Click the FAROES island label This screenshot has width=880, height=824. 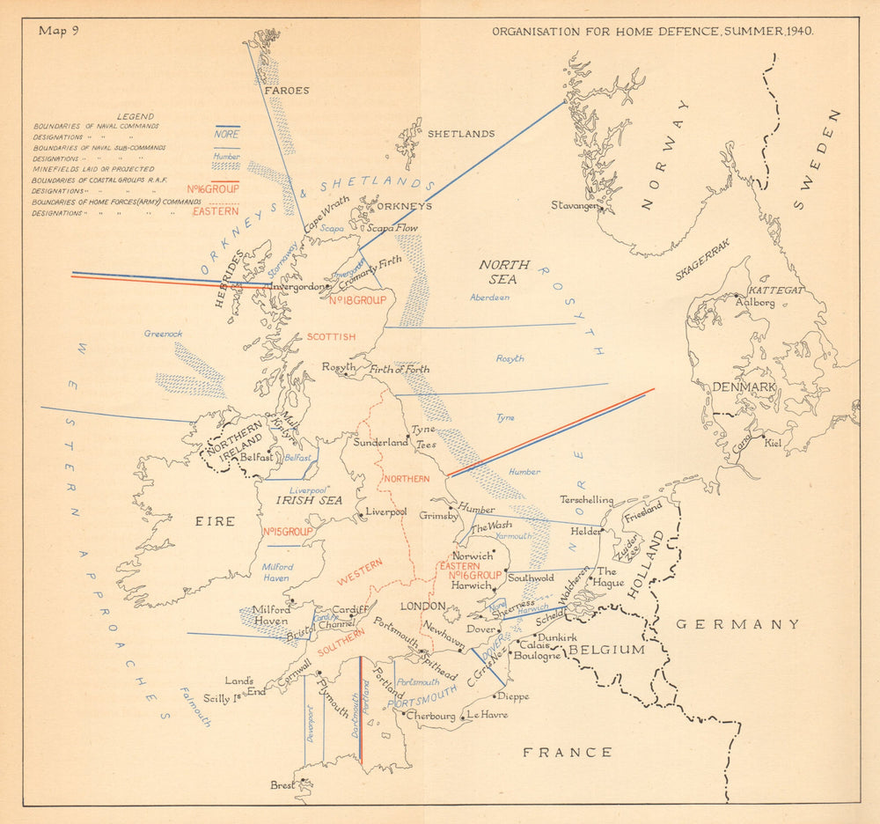[286, 90]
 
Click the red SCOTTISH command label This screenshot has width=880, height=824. [331, 337]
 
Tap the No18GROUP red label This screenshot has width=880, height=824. [357, 300]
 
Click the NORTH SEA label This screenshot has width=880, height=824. [504, 272]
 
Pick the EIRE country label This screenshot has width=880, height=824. [215, 521]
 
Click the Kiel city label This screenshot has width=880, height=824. [773, 443]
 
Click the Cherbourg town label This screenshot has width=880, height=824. [431, 716]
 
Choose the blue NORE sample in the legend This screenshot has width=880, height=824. [226, 135]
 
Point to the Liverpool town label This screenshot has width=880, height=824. [386, 511]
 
